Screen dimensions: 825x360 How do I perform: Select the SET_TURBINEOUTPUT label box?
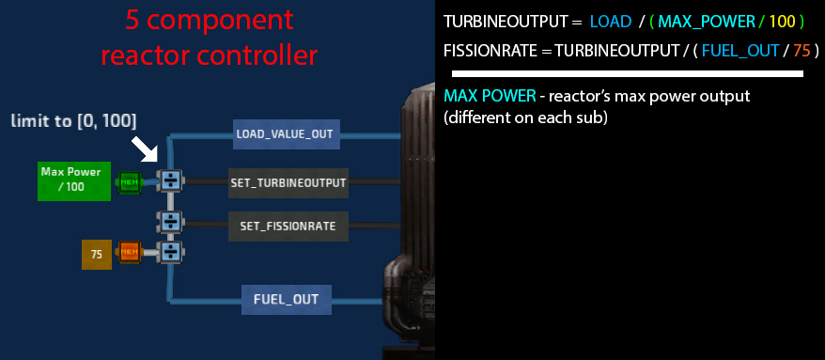(x=288, y=182)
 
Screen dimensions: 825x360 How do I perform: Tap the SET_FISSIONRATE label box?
(x=288, y=227)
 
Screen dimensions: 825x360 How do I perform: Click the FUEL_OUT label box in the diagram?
(x=287, y=300)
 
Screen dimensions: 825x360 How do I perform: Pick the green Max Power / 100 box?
(x=74, y=181)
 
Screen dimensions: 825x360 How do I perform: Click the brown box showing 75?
(x=97, y=255)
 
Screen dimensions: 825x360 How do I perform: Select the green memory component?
(x=129, y=182)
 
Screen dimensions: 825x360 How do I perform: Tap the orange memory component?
(x=129, y=252)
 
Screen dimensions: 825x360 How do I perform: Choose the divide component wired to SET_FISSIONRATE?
(x=170, y=222)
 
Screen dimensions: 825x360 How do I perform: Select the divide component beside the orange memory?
(x=170, y=252)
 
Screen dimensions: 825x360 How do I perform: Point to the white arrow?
(x=145, y=149)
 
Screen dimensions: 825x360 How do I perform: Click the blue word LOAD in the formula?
(x=611, y=22)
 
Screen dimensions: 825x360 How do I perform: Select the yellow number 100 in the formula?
(x=783, y=22)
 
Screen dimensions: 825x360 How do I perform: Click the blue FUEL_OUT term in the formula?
(x=740, y=51)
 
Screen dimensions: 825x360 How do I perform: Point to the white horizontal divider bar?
(x=627, y=74)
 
